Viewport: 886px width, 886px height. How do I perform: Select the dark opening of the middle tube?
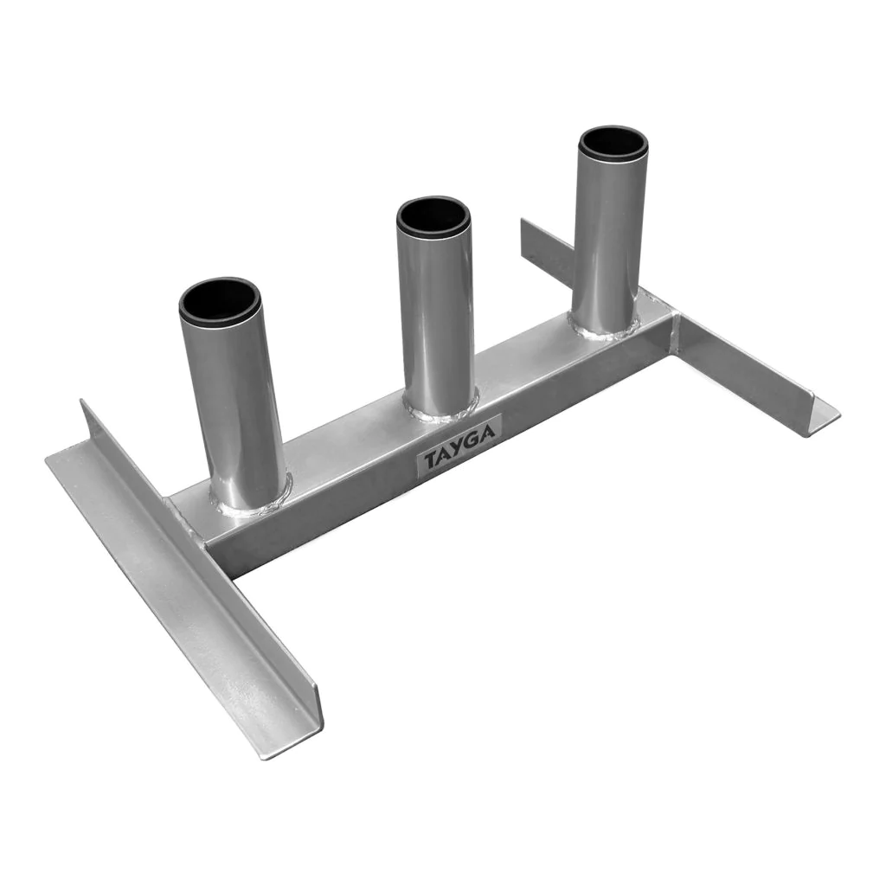[x=433, y=215]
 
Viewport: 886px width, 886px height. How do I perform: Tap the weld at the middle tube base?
[x=440, y=409]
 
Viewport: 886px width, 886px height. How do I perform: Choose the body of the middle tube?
[x=437, y=317]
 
